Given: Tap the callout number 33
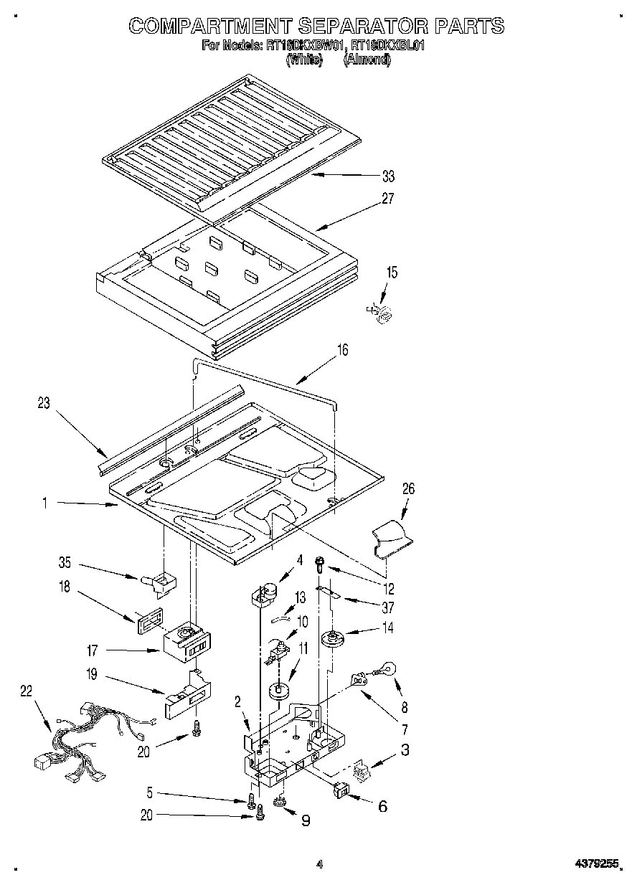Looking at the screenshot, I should tap(388, 176).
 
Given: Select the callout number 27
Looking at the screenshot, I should tap(388, 199).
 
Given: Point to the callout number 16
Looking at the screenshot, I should tap(342, 350).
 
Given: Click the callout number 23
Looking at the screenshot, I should tap(44, 404).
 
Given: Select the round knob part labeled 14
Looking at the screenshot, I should tap(331, 637).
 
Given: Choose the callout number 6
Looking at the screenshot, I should tap(382, 807).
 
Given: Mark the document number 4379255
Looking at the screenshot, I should tap(596, 866).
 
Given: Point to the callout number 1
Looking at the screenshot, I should tap(44, 504).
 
